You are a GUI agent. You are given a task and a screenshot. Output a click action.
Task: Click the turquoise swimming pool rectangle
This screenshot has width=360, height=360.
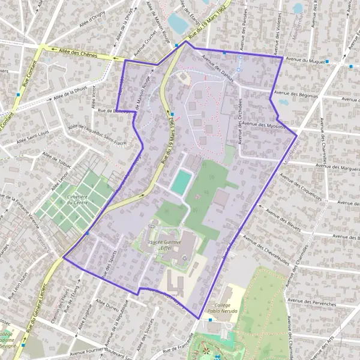coord(181,182)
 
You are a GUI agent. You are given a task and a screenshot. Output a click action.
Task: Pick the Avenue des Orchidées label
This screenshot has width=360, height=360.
coord(239,117)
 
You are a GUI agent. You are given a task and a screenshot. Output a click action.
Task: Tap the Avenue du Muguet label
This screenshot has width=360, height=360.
coord(305,61)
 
